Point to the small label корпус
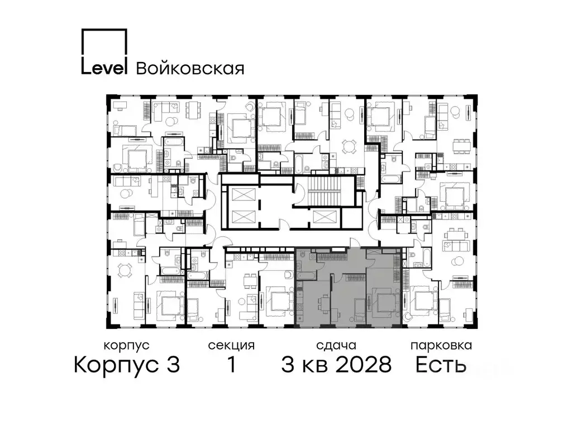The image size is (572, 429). click(127, 346)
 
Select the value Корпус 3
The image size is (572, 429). click(127, 365)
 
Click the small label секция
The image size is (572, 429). click(231, 346)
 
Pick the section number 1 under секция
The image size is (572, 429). click(231, 365)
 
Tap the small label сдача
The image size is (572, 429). click(336, 346)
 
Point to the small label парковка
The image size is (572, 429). click(441, 346)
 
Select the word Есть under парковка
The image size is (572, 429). click(441, 365)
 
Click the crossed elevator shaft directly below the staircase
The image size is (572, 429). click(325, 218)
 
